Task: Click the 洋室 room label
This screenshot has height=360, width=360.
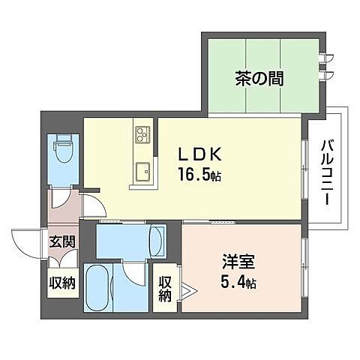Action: coord(238,263)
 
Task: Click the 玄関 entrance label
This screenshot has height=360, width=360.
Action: coord(61,241)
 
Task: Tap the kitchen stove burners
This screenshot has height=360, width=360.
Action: coord(142,133)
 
